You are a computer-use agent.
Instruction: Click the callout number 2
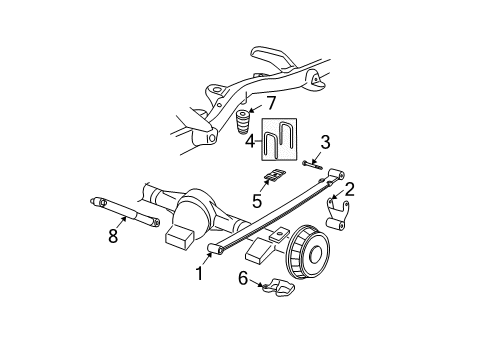[x=350, y=187]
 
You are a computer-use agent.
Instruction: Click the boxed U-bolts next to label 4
[x=280, y=140]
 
